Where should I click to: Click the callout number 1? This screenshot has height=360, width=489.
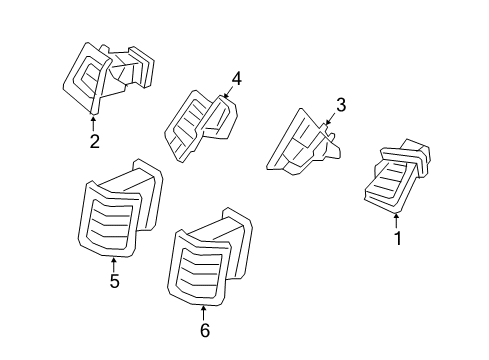click(398, 238)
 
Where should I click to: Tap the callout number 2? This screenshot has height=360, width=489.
click(94, 141)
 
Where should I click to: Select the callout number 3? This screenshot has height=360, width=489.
click(340, 104)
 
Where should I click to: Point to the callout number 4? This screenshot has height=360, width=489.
click(237, 78)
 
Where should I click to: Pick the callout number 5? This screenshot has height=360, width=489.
click(114, 282)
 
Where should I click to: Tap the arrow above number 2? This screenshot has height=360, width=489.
click(94, 123)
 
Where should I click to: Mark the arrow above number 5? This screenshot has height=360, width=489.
click(114, 263)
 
